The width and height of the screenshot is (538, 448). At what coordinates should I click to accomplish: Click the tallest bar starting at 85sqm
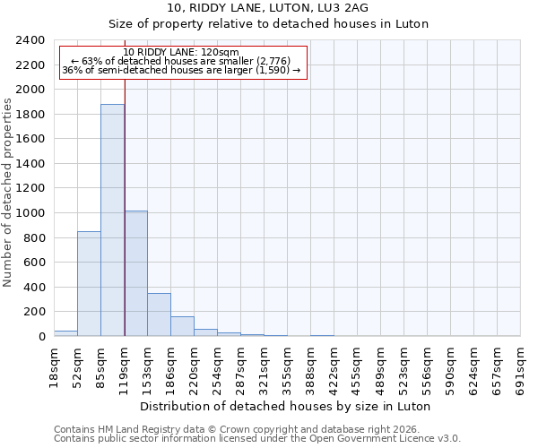pyautogui.click(x=112, y=220)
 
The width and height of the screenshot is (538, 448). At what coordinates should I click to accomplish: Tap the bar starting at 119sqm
pyautogui.click(x=135, y=273)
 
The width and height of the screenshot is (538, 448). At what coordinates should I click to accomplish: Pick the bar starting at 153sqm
pyautogui.click(x=159, y=314)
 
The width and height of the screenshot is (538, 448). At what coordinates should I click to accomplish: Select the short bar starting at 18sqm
pyautogui.click(x=65, y=333)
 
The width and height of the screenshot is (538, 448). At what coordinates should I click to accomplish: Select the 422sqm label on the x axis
pyautogui.click(x=334, y=366)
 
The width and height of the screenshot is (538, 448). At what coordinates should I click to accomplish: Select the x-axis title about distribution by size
pyautogui.click(x=286, y=406)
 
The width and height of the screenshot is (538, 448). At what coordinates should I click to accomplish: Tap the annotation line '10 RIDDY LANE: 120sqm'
pyautogui.click(x=181, y=53)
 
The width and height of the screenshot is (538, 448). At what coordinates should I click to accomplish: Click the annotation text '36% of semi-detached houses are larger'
pyautogui.click(x=181, y=71)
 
